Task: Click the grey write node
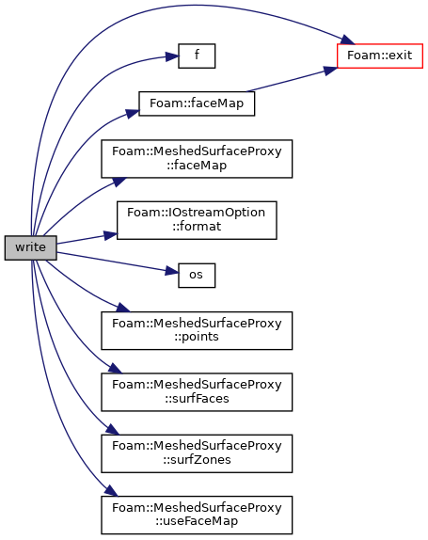(x=31, y=247)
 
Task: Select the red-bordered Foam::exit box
(x=380, y=56)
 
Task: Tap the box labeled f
(x=197, y=56)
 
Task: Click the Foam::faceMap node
(x=197, y=103)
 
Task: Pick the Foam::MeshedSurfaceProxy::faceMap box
(x=197, y=159)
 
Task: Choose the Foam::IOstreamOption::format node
(x=197, y=220)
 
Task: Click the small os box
(x=197, y=276)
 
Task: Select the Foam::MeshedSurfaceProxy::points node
(x=197, y=330)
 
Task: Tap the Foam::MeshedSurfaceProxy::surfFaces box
(x=197, y=392)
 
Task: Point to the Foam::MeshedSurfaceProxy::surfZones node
(x=197, y=453)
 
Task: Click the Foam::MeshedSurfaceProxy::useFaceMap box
(x=197, y=516)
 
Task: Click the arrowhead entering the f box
(x=172, y=56)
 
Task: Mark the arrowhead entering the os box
(x=172, y=271)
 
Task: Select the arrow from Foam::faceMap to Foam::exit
(x=292, y=80)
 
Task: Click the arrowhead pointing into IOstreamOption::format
(x=111, y=235)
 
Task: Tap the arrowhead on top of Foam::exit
(x=348, y=40)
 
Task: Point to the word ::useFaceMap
(x=197, y=521)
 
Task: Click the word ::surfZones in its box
(x=197, y=460)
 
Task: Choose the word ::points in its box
(x=197, y=337)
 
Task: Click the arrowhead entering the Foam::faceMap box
(x=133, y=113)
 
